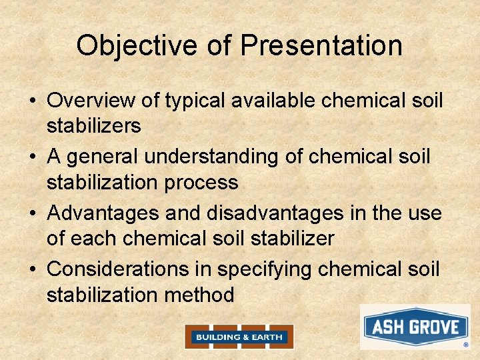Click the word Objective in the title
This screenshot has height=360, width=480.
pyautogui.click(x=137, y=46)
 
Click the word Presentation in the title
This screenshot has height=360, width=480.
pyautogui.click(x=321, y=46)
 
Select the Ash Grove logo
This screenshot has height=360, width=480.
pyautogui.click(x=415, y=327)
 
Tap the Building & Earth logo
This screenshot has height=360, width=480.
pyautogui.click(x=239, y=337)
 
